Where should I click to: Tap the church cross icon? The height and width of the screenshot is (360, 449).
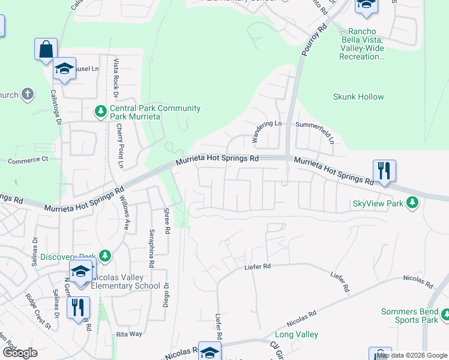pos(27,94)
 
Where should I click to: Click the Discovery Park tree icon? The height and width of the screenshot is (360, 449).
pos(106,256)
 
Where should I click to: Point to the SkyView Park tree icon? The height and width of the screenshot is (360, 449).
pos(412,203)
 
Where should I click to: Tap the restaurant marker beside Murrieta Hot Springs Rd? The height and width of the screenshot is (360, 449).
pos(384,171)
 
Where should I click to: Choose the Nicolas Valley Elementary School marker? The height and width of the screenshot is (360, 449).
pos(80,271)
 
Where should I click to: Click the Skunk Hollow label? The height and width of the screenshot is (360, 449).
pos(358,97)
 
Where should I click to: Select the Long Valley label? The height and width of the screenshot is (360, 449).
pos(296,334)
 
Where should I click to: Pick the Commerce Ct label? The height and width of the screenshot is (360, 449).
pos(28,160)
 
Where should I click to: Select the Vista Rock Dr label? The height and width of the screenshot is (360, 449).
pos(116,78)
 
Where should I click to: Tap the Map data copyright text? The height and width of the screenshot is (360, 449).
pos(412,355)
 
